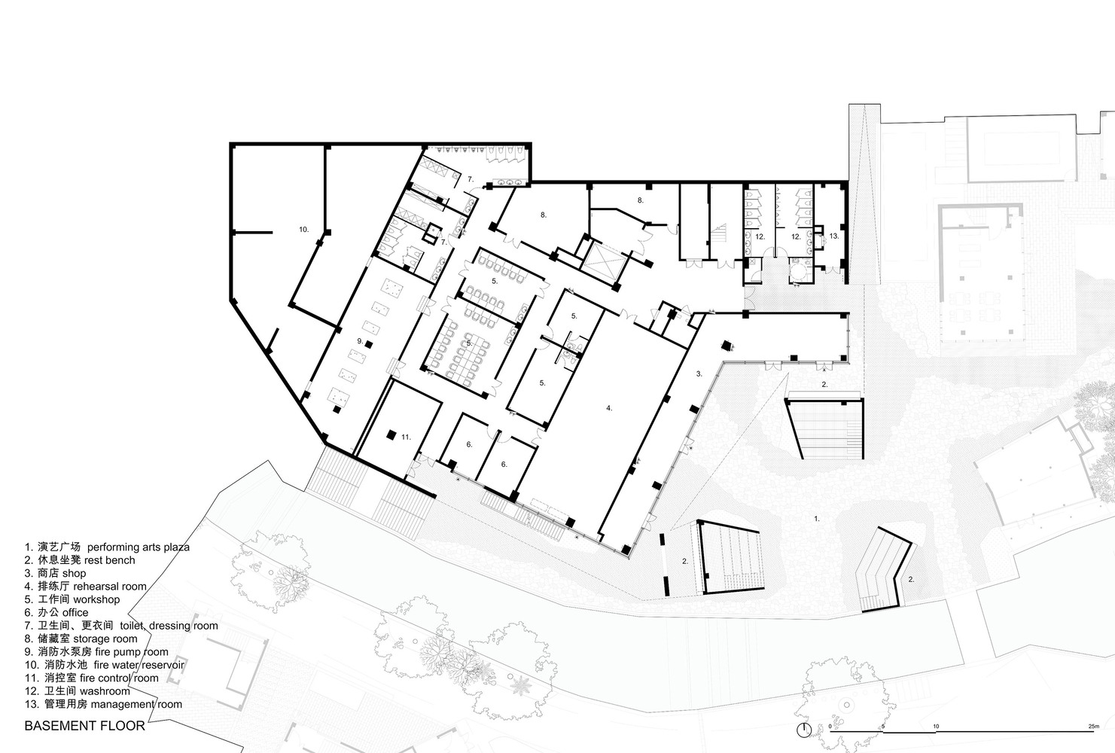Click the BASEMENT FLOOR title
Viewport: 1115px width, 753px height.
(x=84, y=726)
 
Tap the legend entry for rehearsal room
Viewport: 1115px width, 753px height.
(x=86, y=586)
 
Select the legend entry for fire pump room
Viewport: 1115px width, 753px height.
(x=96, y=652)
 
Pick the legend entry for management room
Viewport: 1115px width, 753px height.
(x=104, y=704)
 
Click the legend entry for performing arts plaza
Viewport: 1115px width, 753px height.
(x=107, y=547)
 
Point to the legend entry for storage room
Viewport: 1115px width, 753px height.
(x=81, y=639)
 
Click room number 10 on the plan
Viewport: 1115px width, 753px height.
(x=303, y=230)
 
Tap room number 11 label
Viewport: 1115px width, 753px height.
(x=407, y=437)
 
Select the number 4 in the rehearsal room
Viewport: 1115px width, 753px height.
(x=609, y=408)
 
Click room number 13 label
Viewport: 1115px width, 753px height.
(x=833, y=236)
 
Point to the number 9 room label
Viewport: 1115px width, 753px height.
(x=360, y=340)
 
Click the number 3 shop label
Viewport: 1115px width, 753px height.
(x=699, y=373)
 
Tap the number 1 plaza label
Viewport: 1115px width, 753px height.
(x=816, y=518)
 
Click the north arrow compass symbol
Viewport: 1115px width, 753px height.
(x=803, y=730)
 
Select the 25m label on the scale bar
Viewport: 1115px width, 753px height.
(x=1093, y=726)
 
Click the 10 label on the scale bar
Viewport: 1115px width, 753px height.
(x=936, y=726)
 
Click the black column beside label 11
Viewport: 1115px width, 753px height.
(x=391, y=435)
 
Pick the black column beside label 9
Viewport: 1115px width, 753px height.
(x=369, y=344)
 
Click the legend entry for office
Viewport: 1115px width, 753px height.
(x=56, y=612)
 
